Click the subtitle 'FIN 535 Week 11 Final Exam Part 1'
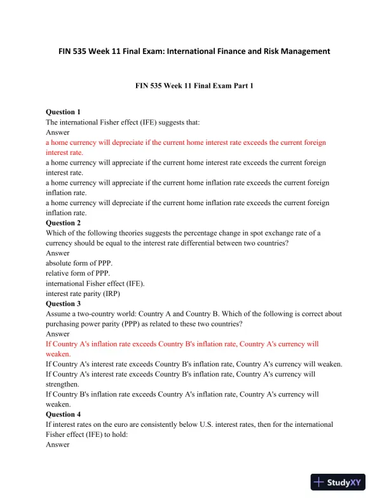click(x=194, y=84)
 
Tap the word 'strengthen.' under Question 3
click(x=63, y=384)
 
